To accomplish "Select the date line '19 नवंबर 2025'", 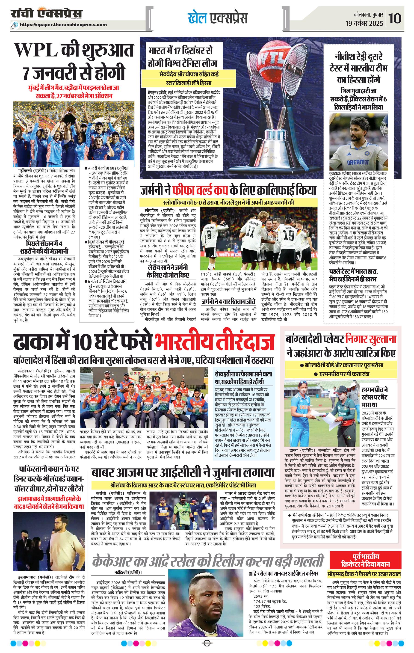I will click(364, 23).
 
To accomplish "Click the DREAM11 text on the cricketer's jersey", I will click(358, 162).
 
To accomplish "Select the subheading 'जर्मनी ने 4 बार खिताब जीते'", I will click(228, 301).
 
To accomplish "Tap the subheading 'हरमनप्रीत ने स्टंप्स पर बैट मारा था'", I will click(378, 397).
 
